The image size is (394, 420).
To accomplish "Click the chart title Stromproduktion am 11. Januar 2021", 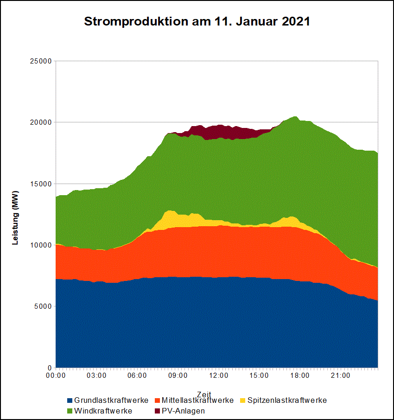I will [x=197, y=22].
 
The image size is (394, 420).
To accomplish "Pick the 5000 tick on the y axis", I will [x=43, y=306].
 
